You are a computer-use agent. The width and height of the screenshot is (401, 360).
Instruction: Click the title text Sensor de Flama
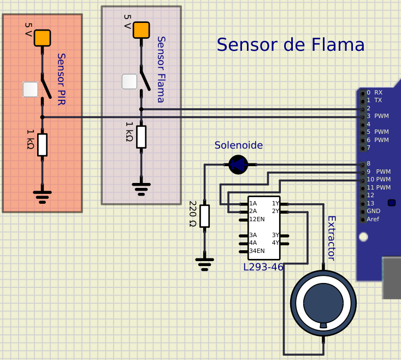(x=291, y=44)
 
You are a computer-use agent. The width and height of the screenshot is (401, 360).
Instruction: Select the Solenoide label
(x=239, y=145)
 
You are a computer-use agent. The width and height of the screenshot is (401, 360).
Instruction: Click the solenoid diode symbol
(x=238, y=164)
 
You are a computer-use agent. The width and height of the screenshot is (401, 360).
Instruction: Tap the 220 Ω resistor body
(x=204, y=216)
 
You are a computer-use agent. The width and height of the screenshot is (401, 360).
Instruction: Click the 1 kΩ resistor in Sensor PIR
(x=42, y=145)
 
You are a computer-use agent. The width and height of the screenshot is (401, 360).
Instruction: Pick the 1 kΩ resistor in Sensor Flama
(x=141, y=137)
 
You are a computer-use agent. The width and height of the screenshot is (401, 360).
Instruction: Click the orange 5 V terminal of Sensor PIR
(x=42, y=38)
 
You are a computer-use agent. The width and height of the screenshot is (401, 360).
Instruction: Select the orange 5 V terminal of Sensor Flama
(x=141, y=30)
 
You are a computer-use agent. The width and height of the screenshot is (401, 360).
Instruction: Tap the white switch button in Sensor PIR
(x=31, y=90)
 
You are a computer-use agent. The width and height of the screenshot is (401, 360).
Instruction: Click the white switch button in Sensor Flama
(x=129, y=81)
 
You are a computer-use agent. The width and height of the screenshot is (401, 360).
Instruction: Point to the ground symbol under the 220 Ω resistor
(x=204, y=264)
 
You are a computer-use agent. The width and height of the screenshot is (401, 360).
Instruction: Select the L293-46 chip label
(x=263, y=267)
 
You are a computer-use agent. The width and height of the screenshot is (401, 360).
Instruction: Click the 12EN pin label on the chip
(x=257, y=219)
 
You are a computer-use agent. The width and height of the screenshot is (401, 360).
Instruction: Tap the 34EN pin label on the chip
(x=257, y=251)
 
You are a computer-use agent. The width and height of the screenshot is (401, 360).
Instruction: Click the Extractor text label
(x=332, y=239)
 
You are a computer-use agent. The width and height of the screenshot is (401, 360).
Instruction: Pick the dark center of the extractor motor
(x=323, y=303)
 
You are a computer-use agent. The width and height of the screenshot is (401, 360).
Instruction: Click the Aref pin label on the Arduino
(x=373, y=219)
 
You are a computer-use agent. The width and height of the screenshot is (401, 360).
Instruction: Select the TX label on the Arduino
(x=378, y=100)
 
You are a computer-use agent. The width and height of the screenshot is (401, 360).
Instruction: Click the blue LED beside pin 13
(x=392, y=203)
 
